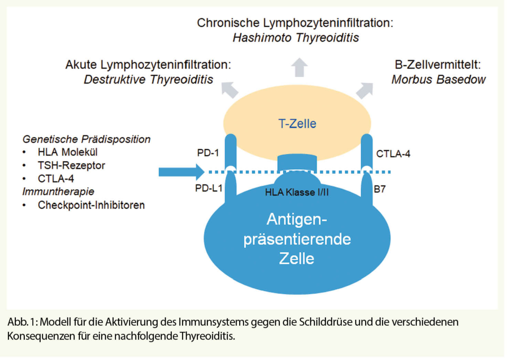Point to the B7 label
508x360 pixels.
pos(381,188)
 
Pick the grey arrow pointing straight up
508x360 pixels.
pos(299,67)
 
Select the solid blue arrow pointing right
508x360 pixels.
pos(181,172)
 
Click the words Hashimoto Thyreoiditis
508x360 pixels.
pos(296,38)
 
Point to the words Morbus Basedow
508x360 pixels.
pos(439,79)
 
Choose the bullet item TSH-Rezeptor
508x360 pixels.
pos(71,165)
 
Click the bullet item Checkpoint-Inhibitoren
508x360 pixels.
pos(91,205)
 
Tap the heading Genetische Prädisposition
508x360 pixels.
pos(86,139)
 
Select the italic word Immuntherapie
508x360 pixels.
pos(59,191)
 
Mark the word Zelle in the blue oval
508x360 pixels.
pos(297,258)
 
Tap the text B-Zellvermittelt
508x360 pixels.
pos(439,65)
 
